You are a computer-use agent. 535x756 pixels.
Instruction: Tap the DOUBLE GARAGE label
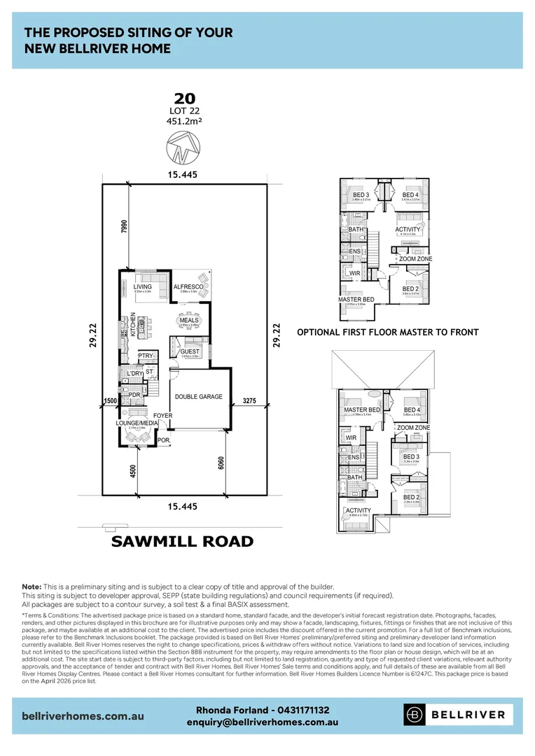(x=198, y=397)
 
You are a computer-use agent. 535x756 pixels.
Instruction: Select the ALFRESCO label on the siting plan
(x=188, y=287)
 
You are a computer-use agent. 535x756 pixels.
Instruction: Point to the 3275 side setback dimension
(x=250, y=401)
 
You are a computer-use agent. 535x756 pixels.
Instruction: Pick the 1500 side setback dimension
(x=109, y=401)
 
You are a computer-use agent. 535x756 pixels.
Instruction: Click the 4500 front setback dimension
(x=132, y=471)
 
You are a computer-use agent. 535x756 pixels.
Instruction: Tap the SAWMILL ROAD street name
(x=183, y=541)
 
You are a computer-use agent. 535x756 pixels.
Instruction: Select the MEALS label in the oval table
(x=189, y=320)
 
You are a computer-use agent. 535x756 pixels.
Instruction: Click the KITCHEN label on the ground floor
(x=132, y=325)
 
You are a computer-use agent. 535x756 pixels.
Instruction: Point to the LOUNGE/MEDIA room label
(x=137, y=423)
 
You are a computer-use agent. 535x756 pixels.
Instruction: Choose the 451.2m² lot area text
(x=185, y=120)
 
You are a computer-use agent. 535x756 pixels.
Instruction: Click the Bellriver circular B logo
(x=415, y=715)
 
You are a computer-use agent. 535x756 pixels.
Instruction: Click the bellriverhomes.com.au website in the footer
(x=83, y=715)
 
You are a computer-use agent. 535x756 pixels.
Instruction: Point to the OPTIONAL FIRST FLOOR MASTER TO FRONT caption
(x=388, y=332)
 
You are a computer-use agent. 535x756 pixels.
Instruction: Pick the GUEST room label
(x=189, y=351)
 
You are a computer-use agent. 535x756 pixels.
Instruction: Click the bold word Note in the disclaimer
(x=32, y=586)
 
